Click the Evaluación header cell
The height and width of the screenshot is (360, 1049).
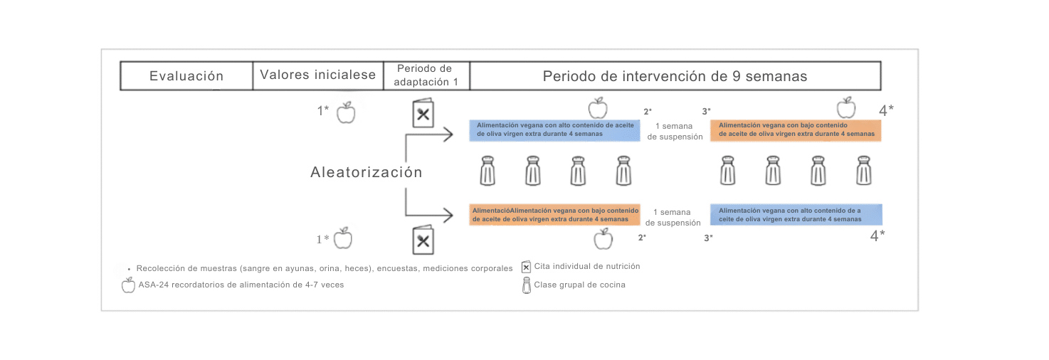click(186, 76)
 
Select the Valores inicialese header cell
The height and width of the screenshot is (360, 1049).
click(317, 75)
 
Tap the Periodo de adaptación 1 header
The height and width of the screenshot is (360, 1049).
click(426, 75)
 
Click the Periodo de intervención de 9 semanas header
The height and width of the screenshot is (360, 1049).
click(675, 76)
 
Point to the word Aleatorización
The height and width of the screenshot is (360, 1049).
click(366, 172)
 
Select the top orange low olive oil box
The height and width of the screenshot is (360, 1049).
click(796, 129)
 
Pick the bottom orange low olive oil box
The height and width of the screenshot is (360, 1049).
click(555, 215)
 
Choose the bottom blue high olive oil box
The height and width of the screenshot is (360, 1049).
click(796, 215)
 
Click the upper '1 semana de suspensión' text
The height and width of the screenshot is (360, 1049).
click(675, 131)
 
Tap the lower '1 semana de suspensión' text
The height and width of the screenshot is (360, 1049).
click(673, 217)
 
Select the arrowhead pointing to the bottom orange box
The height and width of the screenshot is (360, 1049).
click(448, 214)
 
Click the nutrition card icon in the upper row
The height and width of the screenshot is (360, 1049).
click(423, 115)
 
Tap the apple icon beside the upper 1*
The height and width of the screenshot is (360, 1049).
click(346, 112)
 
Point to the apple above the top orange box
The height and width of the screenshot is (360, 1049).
click(845, 108)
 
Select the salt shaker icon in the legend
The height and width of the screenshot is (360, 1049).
click(527, 285)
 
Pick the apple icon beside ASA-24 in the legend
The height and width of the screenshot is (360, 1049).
click(128, 285)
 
